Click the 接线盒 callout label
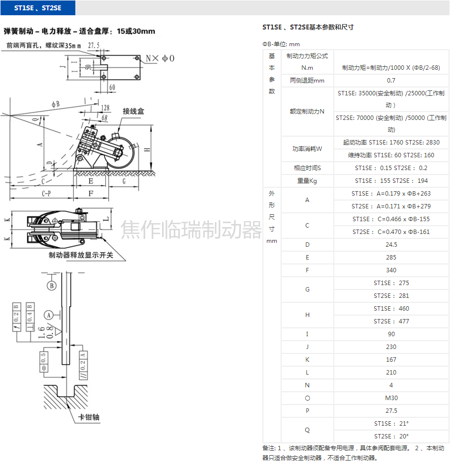pos(133,112)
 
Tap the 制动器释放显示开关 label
pos(81,255)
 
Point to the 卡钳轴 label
pos(89,417)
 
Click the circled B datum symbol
pos(51,286)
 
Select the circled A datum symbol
pos(48,314)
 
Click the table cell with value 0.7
pos(391,81)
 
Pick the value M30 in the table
pos(391,398)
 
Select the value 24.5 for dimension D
pos(391,245)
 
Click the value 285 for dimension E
pos(391,258)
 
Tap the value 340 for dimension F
pos(391,270)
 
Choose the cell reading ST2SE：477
pos(391,321)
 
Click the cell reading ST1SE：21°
pos(391,424)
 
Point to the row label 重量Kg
pos(307,181)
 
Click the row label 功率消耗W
pos(307,149)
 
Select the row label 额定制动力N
pos(307,112)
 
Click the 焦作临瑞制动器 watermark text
pos(192,230)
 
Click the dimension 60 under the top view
pos(112,87)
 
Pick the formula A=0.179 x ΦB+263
pos(391,194)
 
